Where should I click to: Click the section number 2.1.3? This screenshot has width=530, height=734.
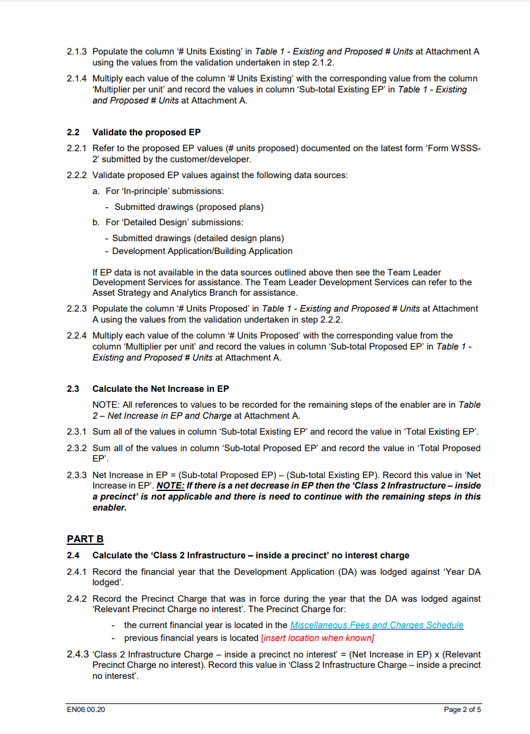tap(77, 52)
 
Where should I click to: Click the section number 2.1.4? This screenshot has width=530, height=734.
tap(77, 79)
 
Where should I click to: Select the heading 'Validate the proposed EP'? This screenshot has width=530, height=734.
tap(146, 132)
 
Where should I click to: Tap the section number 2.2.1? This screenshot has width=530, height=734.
tap(77, 149)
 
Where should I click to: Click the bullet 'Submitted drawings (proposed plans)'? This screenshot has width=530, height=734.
tap(188, 207)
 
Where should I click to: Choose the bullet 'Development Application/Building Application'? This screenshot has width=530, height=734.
tap(202, 251)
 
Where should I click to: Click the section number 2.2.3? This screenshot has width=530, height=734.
tap(77, 309)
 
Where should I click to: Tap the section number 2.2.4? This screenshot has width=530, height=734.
tap(77, 336)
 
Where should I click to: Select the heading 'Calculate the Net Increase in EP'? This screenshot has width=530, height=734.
tap(160, 389)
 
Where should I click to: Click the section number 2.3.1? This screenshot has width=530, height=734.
tap(77, 432)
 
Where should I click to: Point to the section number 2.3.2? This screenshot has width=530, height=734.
tap(77, 449)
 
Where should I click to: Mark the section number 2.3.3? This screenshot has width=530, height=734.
tap(77, 475)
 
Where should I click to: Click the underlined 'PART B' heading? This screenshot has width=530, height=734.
tap(85, 539)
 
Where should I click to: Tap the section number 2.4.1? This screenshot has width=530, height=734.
tap(77, 572)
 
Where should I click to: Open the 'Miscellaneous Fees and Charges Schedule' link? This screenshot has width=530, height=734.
tap(376, 625)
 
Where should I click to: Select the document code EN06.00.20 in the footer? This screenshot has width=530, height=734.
tap(86, 710)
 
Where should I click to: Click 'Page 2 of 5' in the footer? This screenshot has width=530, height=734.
tap(462, 710)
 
